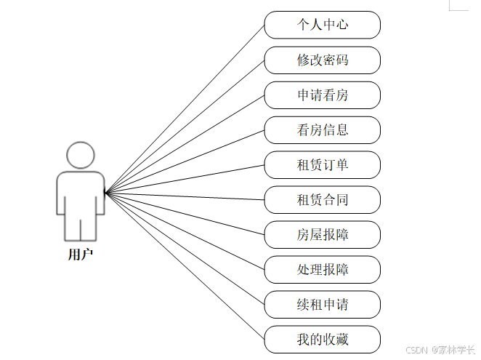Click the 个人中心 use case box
pos(322,25)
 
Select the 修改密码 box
pos(322,60)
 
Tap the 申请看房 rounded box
pos(322,95)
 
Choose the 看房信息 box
pos(322,130)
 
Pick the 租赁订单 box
pos(322,165)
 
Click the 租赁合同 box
pos(322,200)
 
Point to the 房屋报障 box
pos(322,235)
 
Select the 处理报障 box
pos(322,270)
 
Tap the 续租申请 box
pos(322,305)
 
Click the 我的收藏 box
pos(322,340)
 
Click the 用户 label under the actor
pos(80,255)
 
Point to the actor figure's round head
pos(80,155)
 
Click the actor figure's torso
pos(80,193)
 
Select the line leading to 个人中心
pos(185,109)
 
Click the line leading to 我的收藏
pos(185,266)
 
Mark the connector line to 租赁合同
pos(185,196)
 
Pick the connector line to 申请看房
pos(185,144)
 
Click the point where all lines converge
pos(106,193)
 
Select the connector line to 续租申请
pos(185,249)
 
